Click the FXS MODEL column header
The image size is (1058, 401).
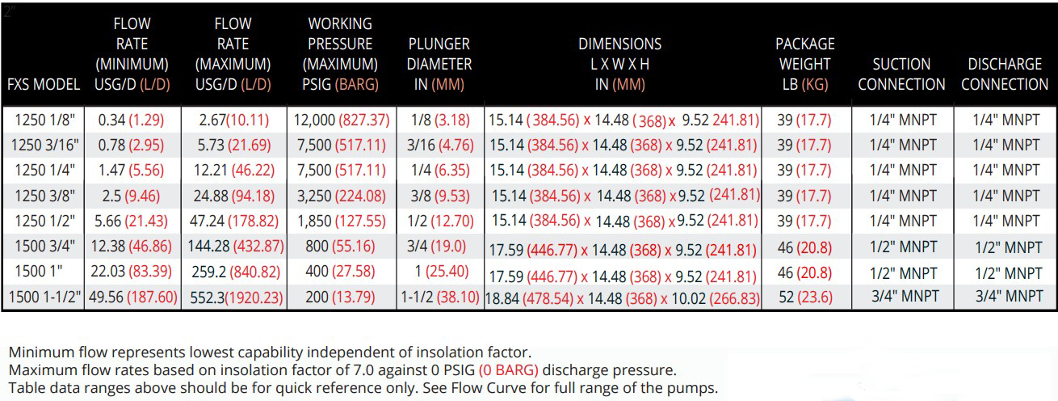[44, 84]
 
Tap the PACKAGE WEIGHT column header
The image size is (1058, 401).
[804, 63]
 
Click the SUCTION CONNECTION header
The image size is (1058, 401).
[901, 74]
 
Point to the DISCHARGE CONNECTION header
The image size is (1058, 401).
[1005, 74]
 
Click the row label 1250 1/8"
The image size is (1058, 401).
[44, 120]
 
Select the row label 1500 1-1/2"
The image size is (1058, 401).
[44, 297]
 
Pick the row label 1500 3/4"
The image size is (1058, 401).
[44, 247]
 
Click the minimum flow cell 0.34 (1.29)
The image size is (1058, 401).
[131, 120]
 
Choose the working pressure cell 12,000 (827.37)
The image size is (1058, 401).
[342, 120]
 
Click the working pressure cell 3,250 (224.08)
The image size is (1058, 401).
[342, 196]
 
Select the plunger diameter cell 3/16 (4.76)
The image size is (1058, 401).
[439, 145]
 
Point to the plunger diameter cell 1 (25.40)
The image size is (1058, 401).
[439, 272]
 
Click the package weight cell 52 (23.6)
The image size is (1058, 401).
[804, 297]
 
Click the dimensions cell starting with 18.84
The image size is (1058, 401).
[622, 298]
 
